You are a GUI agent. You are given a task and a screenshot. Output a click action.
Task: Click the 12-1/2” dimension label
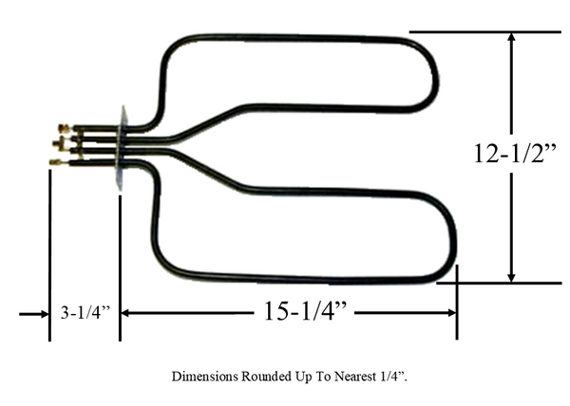[x=515, y=154]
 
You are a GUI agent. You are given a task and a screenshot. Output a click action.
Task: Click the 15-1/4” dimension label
[x=305, y=311]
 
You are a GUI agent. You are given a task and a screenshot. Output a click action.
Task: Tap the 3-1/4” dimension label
[x=85, y=313]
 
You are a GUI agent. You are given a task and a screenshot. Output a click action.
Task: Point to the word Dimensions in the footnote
[x=205, y=377]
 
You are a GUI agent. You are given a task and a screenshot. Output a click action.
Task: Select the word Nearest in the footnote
[x=355, y=377]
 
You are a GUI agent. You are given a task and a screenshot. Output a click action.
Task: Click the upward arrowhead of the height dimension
[x=512, y=38]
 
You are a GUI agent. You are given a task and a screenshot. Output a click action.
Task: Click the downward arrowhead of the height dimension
[x=512, y=276]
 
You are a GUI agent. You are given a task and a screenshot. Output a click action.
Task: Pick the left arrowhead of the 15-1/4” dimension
[x=125, y=313]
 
